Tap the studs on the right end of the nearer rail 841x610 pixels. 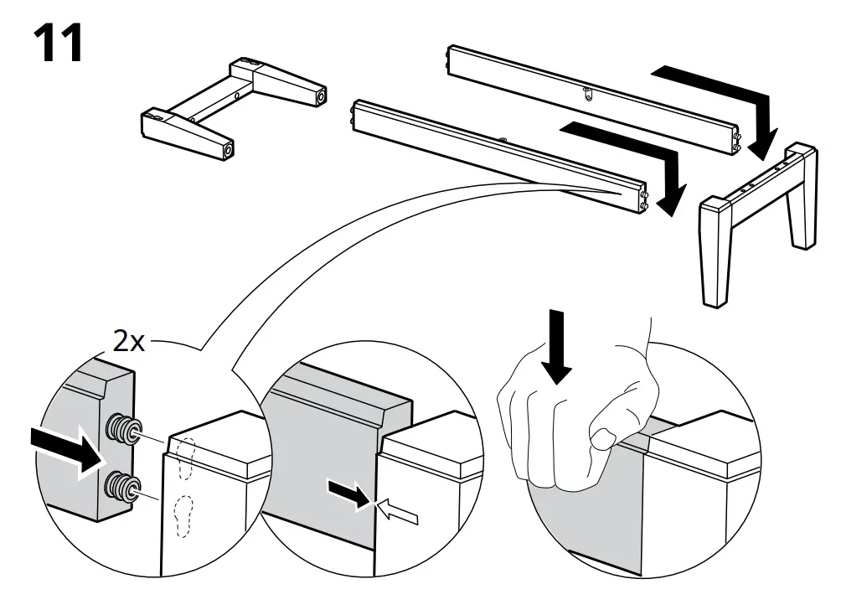tap(644, 199)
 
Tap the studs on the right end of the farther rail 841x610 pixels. tap(735, 140)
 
